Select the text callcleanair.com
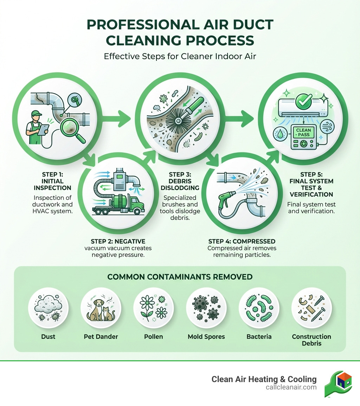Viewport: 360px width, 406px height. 291,387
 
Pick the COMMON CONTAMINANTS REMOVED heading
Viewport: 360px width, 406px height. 180,277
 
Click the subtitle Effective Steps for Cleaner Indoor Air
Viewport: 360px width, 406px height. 180,56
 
